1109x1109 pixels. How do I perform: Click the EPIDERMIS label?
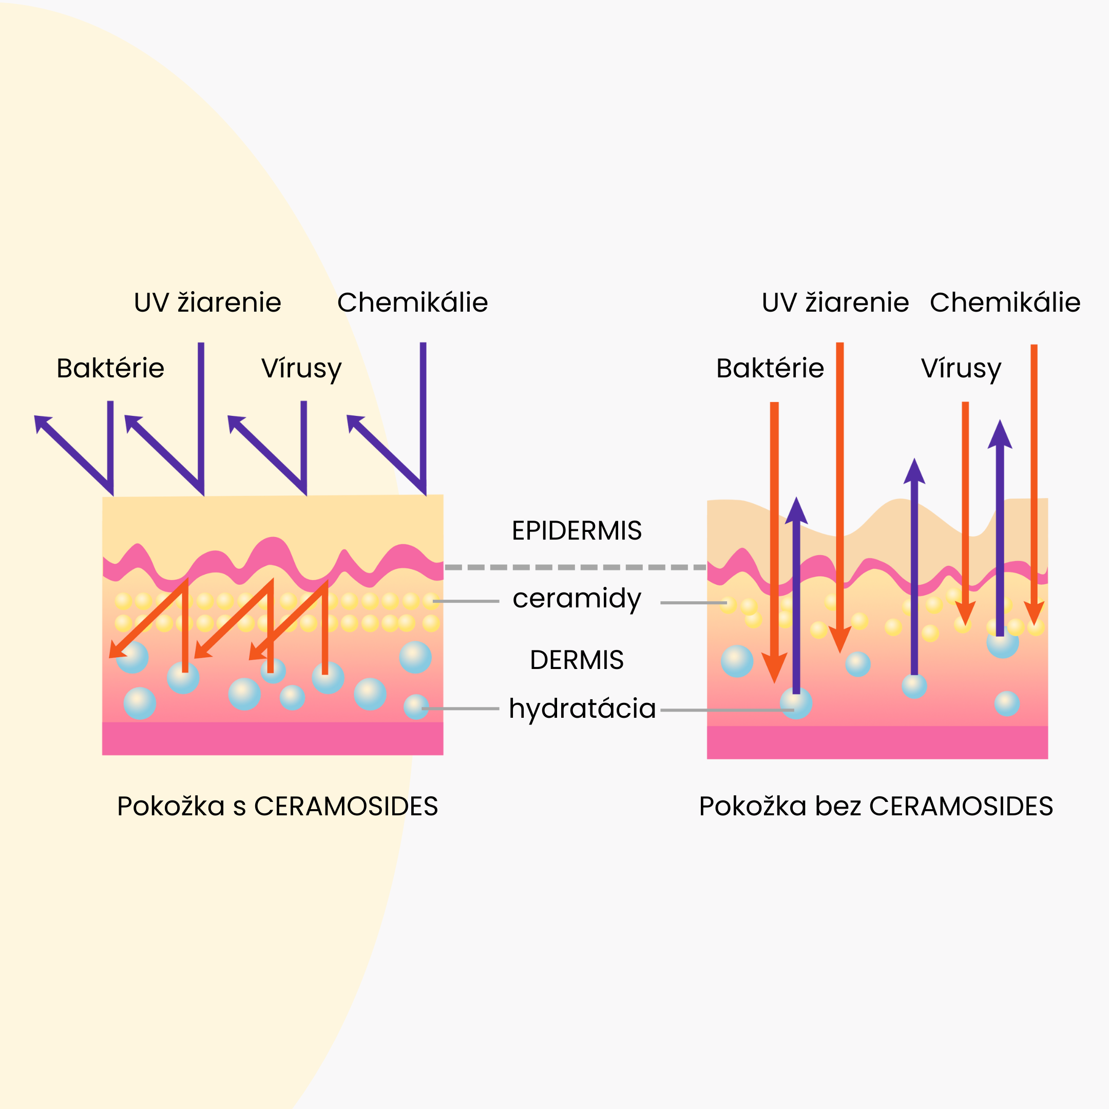[577, 530]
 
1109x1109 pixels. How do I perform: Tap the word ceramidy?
[577, 599]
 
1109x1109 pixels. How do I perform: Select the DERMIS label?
[577, 660]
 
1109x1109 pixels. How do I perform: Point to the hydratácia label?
[582, 709]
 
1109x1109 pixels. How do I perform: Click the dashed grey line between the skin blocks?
[575, 567]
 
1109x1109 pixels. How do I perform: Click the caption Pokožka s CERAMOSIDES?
[277, 807]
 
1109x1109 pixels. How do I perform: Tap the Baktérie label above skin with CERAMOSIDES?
[110, 368]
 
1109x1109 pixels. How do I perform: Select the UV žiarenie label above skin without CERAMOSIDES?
[835, 302]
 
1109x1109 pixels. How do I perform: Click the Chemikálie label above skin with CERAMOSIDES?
[412, 302]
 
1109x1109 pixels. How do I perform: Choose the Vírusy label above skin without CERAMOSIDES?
[961, 369]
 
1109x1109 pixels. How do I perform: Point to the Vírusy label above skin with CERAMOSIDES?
[301, 369]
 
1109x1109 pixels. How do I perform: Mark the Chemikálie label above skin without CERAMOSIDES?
[1005, 302]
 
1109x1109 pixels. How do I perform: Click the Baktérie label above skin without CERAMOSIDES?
[770, 368]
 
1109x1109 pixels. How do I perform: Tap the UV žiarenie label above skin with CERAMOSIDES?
[207, 302]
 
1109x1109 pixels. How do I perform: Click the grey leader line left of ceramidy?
[466, 601]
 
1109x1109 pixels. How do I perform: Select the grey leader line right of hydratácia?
[728, 710]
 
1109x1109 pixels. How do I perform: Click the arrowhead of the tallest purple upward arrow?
[1000, 434]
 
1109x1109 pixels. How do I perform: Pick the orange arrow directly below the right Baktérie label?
[774, 543]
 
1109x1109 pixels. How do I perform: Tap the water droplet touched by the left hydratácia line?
[416, 706]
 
